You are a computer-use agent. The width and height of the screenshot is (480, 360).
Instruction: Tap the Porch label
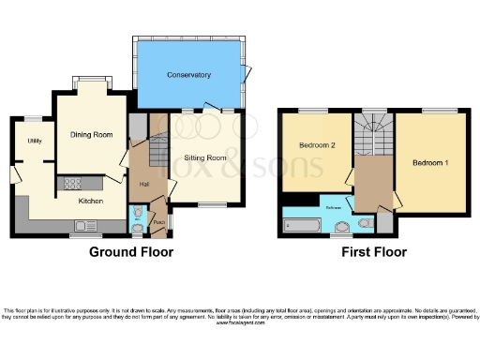tap(159, 222)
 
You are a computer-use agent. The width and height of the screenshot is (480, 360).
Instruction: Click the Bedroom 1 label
tap(431, 164)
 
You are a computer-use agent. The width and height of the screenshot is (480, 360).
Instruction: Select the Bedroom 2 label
tap(317, 146)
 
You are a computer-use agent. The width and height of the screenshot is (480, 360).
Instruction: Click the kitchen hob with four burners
tap(71, 183)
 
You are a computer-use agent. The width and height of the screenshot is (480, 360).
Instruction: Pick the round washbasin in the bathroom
tap(337, 226)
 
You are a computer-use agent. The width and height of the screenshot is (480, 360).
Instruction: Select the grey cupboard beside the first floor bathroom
tap(383, 223)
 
